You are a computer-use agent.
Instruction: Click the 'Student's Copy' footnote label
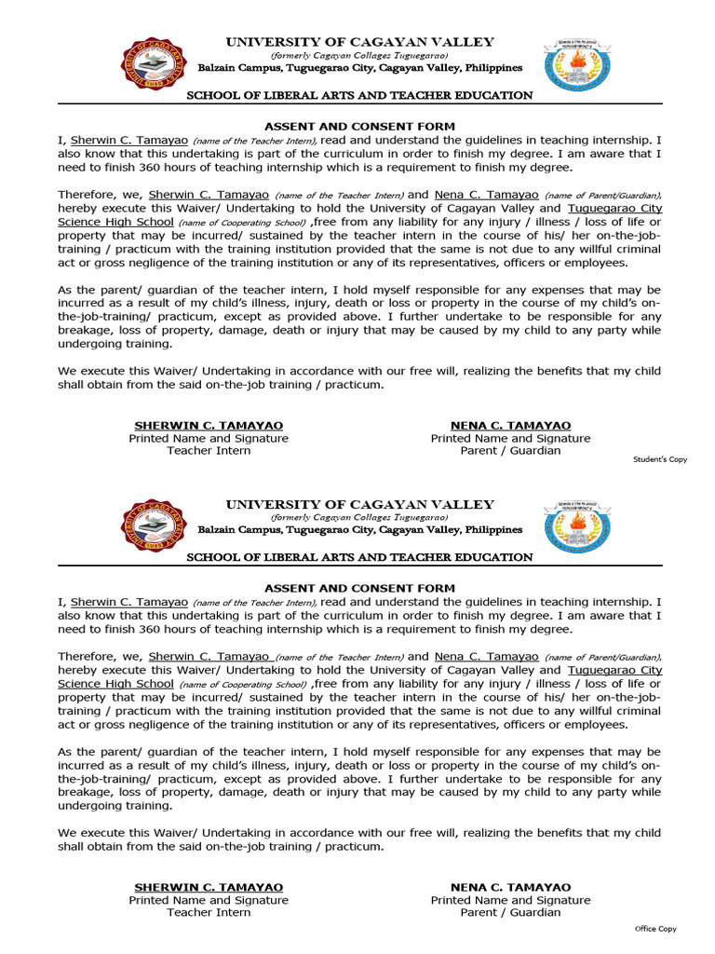point(660,459)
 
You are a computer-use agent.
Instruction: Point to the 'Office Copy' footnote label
point(655,929)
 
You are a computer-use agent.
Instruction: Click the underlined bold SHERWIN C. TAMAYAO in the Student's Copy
point(209,426)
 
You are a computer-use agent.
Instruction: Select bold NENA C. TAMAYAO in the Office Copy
point(510,888)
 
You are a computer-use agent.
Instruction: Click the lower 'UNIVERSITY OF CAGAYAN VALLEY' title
point(359,505)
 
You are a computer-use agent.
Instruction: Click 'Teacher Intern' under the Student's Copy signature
point(209,451)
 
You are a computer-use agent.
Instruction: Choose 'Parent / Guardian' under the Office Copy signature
point(510,913)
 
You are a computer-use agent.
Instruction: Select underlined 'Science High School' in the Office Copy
point(115,684)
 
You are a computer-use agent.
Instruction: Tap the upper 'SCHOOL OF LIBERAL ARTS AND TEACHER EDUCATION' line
point(359,96)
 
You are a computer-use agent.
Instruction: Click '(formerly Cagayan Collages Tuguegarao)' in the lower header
point(359,517)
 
